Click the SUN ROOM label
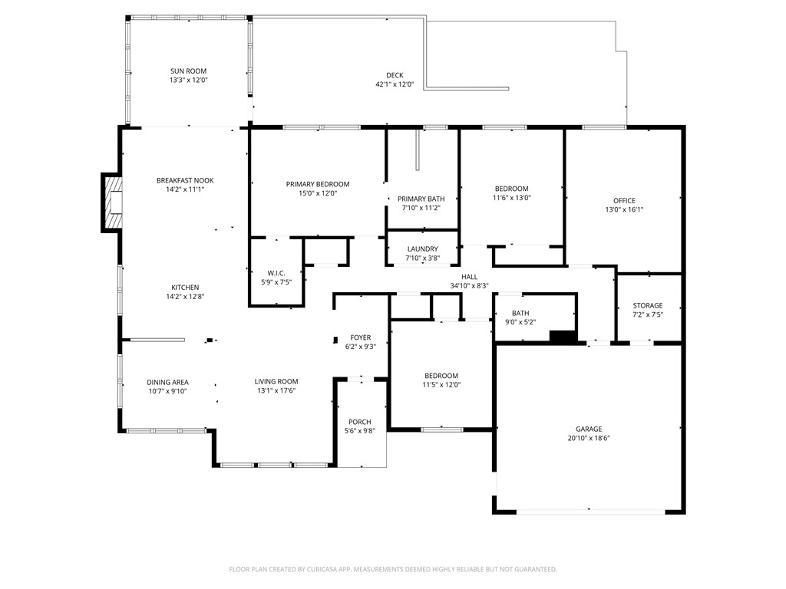(x=188, y=71)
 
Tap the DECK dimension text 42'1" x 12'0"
(x=394, y=84)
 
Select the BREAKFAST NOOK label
(x=185, y=180)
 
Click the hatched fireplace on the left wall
(x=112, y=203)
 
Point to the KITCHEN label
(x=185, y=288)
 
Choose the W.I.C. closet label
(x=276, y=273)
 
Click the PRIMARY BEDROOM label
(x=317, y=184)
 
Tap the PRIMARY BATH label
(x=421, y=199)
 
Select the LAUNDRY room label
(x=422, y=249)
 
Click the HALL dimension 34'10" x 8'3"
(x=469, y=285)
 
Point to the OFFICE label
(x=624, y=201)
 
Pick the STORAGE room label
(x=647, y=305)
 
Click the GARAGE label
(x=589, y=429)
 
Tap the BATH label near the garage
(x=520, y=313)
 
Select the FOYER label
(x=360, y=337)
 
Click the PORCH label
(x=359, y=422)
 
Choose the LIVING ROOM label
(x=276, y=381)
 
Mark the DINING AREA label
(x=167, y=382)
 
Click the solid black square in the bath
(x=563, y=337)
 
